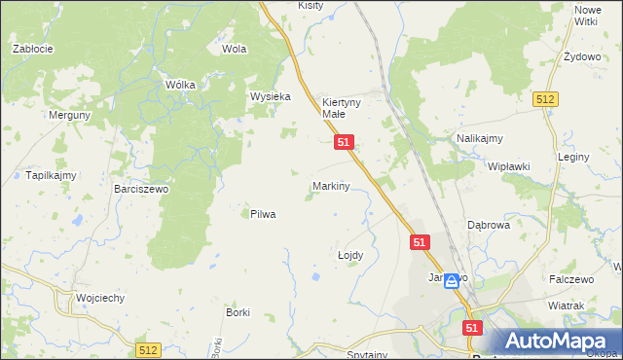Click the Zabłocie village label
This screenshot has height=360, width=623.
31,48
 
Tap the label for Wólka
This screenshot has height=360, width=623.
181,85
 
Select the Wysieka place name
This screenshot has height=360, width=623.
271,96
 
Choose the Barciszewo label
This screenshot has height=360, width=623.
141,189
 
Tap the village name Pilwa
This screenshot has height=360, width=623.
263,214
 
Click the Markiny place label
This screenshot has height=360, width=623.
331,185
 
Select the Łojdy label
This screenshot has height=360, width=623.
349,255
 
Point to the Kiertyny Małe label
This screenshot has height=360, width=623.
342,107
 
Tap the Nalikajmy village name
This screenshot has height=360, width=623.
479,139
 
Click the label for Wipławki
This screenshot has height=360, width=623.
508,166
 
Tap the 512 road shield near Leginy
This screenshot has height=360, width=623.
544,99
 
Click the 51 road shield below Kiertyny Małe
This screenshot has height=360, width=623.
344,142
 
